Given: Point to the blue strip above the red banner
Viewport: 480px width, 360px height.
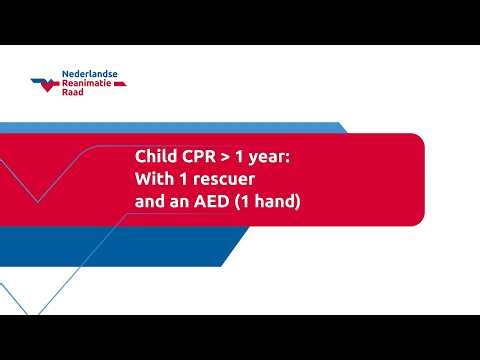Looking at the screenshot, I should point(200,127).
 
